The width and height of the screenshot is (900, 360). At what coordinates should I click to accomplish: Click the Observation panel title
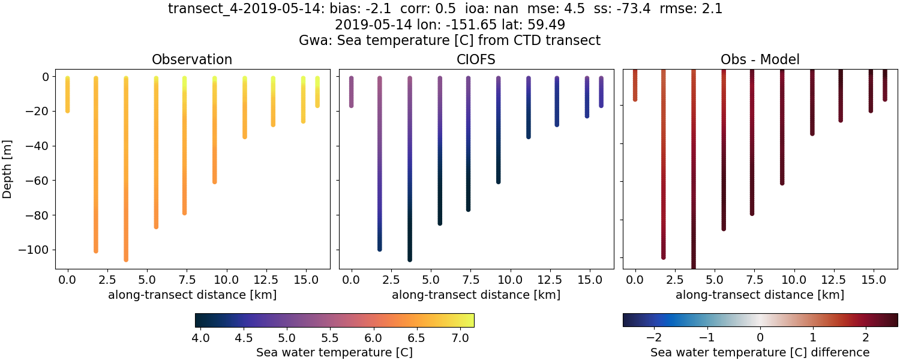(x=192, y=59)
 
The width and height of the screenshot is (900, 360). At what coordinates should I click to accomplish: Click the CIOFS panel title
(x=476, y=59)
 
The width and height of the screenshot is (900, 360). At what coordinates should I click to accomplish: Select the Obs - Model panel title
(x=760, y=59)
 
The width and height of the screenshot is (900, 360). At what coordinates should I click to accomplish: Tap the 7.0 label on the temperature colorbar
(x=460, y=338)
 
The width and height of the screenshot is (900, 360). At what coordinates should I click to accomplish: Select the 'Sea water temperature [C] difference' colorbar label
(x=760, y=352)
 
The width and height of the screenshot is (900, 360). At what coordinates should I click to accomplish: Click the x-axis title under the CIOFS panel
(x=476, y=295)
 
